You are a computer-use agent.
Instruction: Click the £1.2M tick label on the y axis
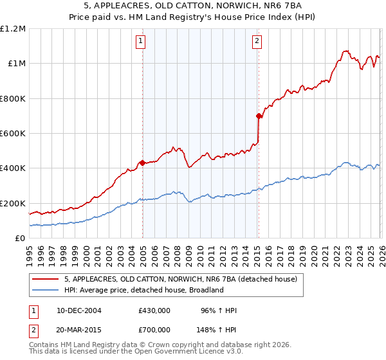(x=13, y=29)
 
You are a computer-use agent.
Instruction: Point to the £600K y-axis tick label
(x=13, y=134)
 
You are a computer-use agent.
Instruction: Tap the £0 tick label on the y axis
(x=20, y=239)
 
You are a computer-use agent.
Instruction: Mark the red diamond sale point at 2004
(x=142, y=163)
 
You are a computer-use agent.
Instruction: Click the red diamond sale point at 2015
(x=259, y=116)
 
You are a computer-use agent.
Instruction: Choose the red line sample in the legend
(x=46, y=280)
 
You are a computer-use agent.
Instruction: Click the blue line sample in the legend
(x=46, y=291)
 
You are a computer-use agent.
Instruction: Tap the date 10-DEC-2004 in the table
(x=78, y=310)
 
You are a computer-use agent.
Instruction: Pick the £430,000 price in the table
(x=154, y=310)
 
